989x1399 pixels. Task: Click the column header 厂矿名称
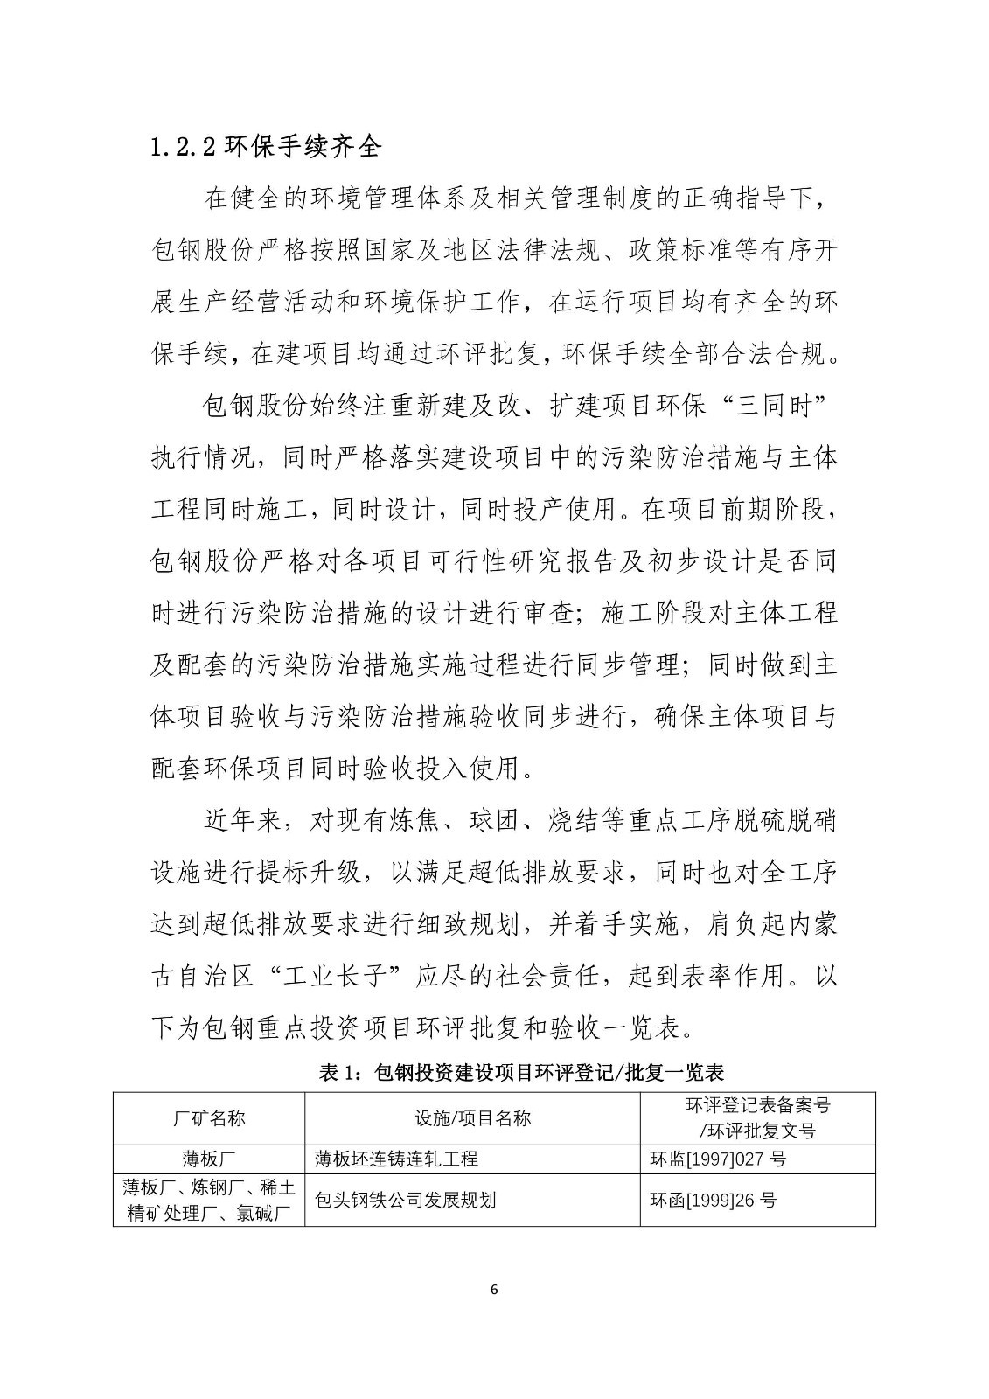(209, 1117)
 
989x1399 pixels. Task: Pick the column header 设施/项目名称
(472, 1117)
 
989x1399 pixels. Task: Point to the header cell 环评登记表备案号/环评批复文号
(757, 1117)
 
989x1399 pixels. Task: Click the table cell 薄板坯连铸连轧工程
(396, 1159)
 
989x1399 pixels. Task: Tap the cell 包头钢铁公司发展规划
(405, 1200)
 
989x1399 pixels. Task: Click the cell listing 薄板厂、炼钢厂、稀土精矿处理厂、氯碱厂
(209, 1200)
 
